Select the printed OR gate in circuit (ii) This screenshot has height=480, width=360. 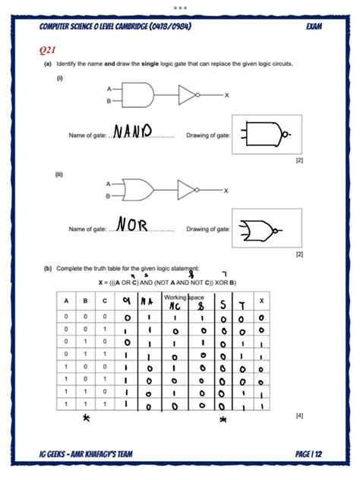138,189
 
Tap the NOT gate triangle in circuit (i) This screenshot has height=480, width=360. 187,95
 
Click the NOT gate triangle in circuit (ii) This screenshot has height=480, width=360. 187,189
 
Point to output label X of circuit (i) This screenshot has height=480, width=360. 226,95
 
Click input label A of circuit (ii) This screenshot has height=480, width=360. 108,183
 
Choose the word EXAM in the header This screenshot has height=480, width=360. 314,27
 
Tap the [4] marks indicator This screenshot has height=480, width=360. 299,415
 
